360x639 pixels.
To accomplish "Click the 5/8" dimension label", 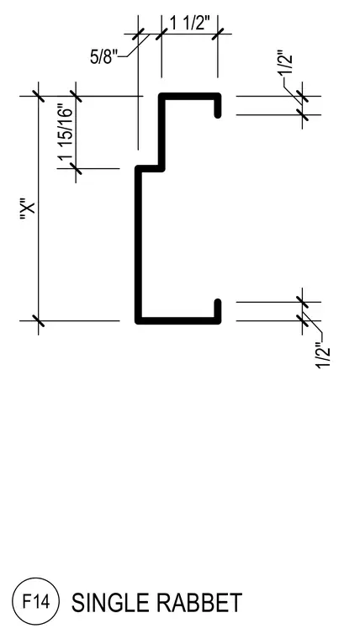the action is (x=104, y=56).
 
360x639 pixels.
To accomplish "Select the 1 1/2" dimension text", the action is (x=190, y=24).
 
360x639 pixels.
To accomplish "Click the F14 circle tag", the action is (x=36, y=601).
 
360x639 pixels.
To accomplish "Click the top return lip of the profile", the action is (x=218, y=106).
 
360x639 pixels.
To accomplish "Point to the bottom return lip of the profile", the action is (x=218, y=312).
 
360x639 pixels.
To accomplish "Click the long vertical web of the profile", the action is (x=139, y=245).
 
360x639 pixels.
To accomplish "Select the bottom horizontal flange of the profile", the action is (x=178, y=320).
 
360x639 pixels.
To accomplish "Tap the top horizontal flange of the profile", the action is (x=190, y=97).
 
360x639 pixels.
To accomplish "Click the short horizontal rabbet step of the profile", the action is (x=150, y=169).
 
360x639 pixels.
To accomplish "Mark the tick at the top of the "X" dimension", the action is (x=39, y=96).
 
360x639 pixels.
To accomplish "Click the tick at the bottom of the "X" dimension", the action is (x=39, y=320).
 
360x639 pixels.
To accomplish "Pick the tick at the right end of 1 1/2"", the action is (x=218, y=34).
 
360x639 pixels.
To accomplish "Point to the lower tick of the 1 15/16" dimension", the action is (x=76, y=168).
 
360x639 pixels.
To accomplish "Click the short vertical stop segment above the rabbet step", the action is (x=161, y=133).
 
